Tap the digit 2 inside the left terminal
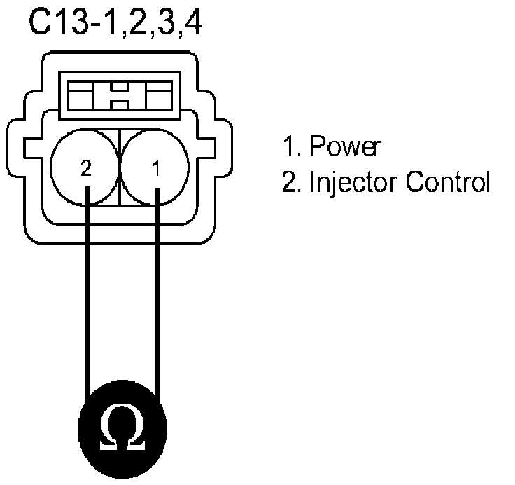[x=85, y=169]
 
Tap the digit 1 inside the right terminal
[x=157, y=169]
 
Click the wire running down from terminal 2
[x=87, y=294]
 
